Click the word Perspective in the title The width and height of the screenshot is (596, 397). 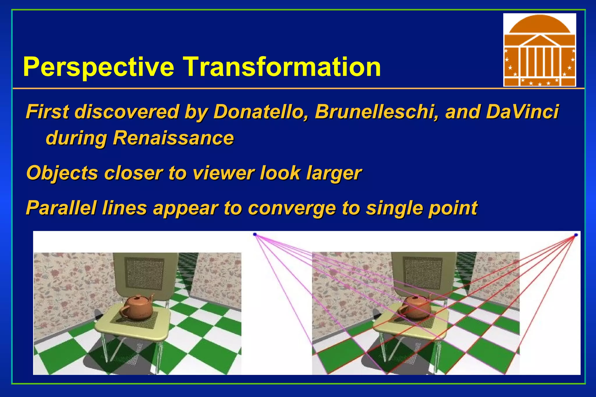[98, 67]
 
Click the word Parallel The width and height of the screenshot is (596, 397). [61, 208]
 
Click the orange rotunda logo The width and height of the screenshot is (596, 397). [540, 50]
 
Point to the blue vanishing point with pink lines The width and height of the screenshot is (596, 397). [255, 234]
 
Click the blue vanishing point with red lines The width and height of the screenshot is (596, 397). [576, 235]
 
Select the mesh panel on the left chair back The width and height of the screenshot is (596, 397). [144, 273]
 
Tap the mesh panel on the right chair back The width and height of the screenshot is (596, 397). [423, 273]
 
